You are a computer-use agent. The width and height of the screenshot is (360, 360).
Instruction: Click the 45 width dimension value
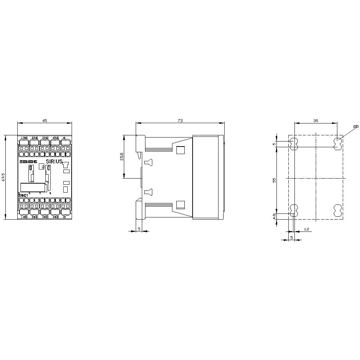click(x=45, y=121)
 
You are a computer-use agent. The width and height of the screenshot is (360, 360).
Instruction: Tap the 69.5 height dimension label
click(x=3, y=177)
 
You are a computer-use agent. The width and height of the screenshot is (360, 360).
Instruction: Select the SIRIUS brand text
click(x=54, y=162)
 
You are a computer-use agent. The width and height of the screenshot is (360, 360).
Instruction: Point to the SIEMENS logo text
click(x=28, y=162)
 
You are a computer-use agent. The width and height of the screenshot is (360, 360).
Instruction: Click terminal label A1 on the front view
click(x=64, y=138)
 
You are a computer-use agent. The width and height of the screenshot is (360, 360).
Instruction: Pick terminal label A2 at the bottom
click(x=64, y=217)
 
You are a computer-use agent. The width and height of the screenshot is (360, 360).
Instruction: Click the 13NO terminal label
click(x=24, y=138)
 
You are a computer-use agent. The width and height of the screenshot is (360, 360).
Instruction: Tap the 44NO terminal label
click(x=55, y=217)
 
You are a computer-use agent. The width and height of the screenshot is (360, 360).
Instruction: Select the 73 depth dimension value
click(x=180, y=121)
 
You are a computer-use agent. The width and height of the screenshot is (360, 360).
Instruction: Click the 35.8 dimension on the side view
click(x=122, y=157)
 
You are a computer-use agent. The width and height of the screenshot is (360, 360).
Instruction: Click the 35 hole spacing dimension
click(x=316, y=121)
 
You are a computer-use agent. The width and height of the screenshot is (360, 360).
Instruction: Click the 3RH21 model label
click(x=23, y=195)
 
